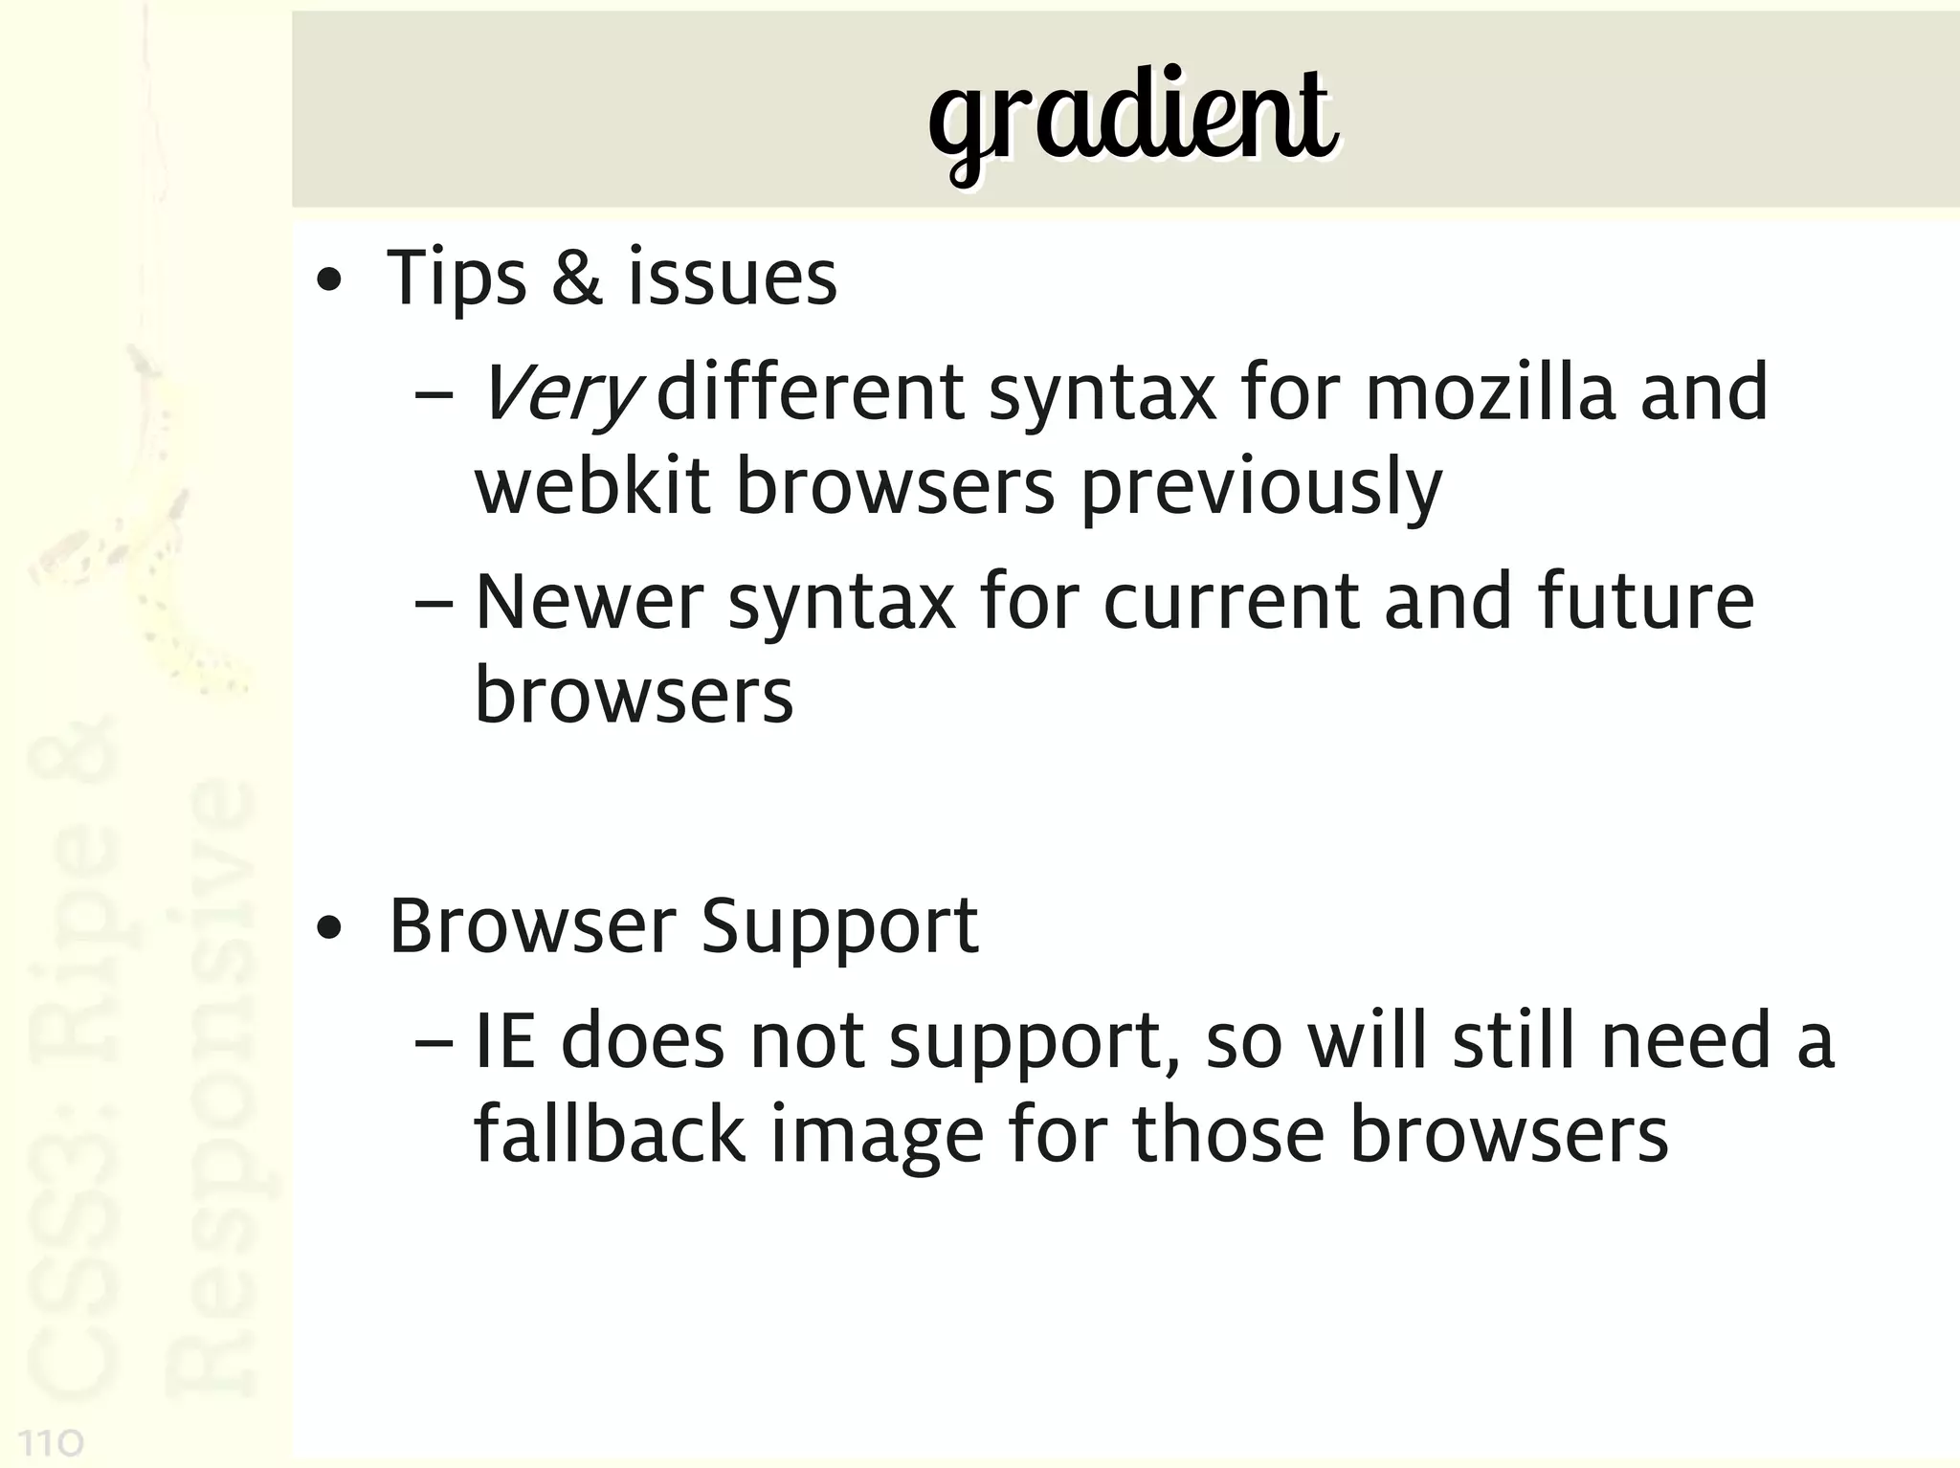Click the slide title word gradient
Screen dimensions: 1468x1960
(x=1131, y=120)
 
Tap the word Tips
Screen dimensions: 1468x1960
(x=456, y=279)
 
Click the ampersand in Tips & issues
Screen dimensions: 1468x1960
(x=577, y=278)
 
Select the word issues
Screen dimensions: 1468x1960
(x=732, y=279)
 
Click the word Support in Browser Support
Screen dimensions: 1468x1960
(x=839, y=928)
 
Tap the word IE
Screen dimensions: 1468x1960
(x=504, y=1042)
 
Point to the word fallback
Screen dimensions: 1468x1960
(x=610, y=1135)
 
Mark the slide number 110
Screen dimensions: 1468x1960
(x=52, y=1442)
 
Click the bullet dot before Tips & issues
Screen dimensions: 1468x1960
(x=329, y=281)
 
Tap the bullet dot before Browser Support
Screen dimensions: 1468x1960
(x=329, y=929)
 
